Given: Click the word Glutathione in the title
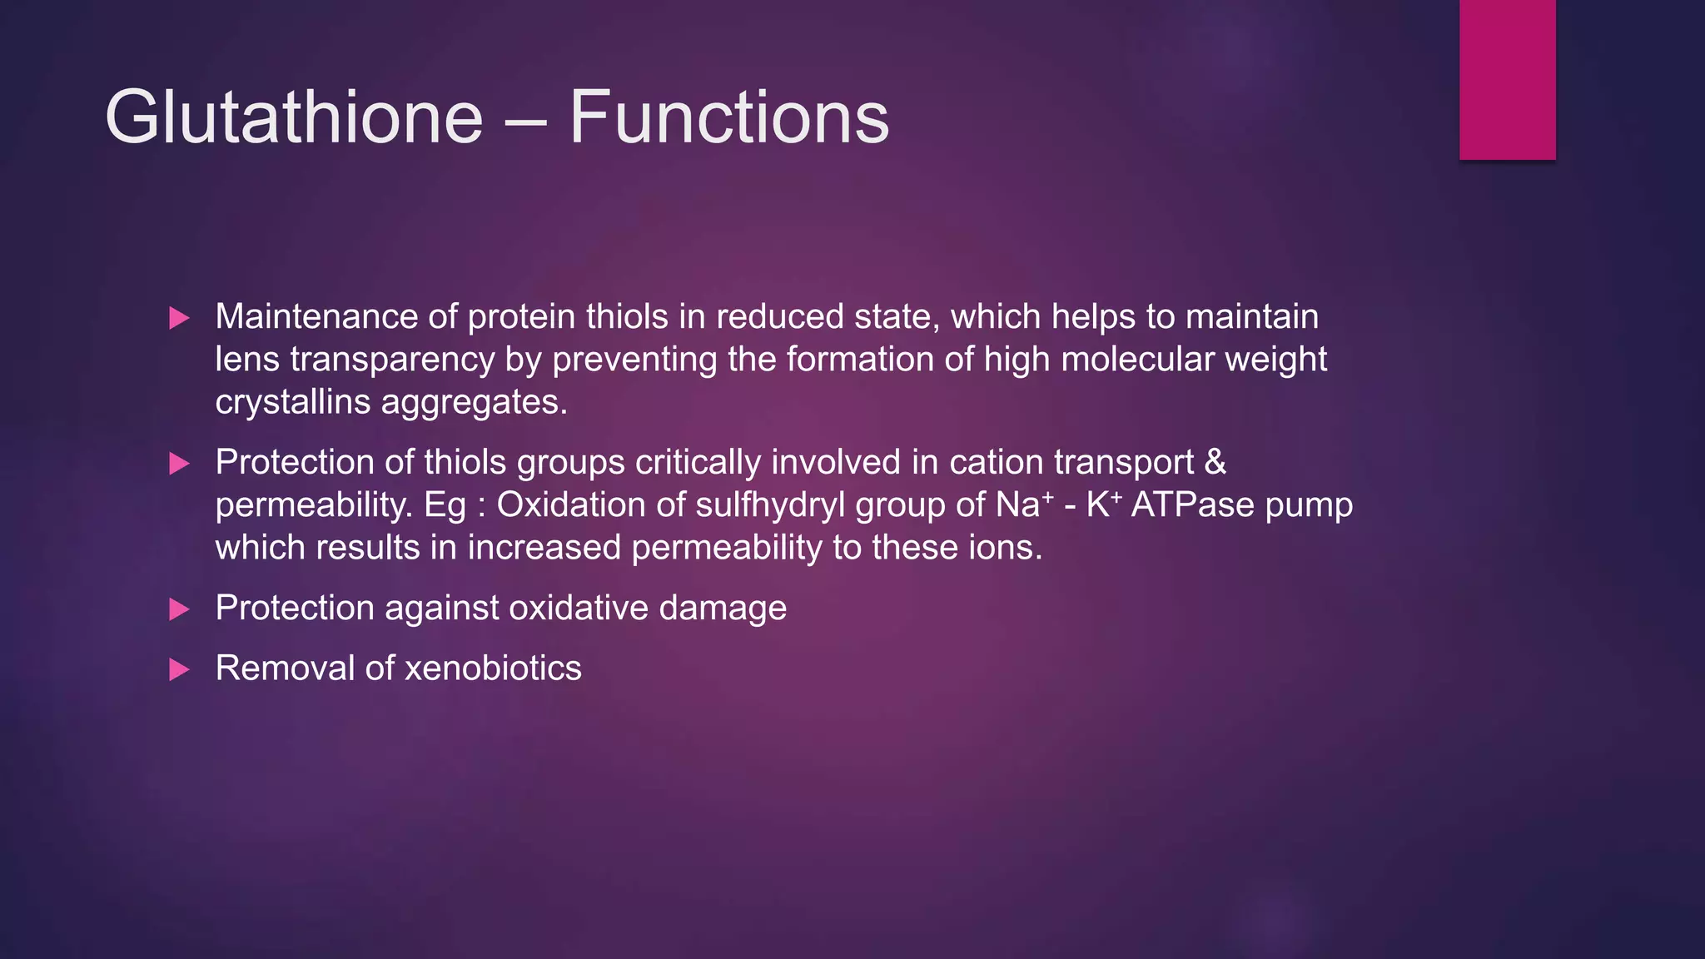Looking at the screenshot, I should pyautogui.click(x=294, y=117).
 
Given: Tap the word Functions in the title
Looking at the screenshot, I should pyautogui.click(x=728, y=117).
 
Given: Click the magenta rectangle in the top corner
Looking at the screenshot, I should pyautogui.click(x=1507, y=79).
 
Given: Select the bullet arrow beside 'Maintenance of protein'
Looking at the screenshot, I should pyautogui.click(x=179, y=318).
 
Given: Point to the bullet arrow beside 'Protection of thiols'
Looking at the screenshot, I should pyautogui.click(x=179, y=464).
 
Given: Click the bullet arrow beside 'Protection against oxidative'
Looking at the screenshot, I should pyautogui.click(x=179, y=609).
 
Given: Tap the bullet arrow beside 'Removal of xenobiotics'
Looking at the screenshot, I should pyautogui.click(x=179, y=669).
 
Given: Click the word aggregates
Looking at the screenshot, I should pyautogui.click(x=474, y=403).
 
